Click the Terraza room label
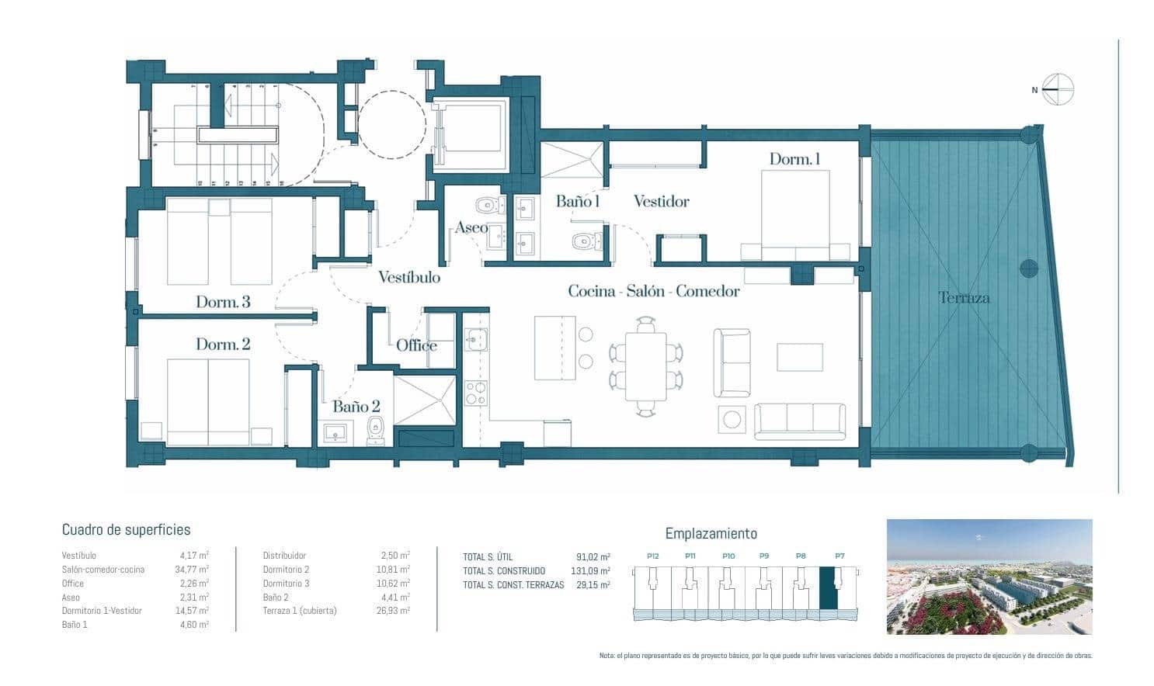(x=964, y=297)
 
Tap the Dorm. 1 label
(x=794, y=159)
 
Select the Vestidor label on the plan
(x=661, y=202)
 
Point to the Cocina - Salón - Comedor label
(x=653, y=291)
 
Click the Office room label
(x=416, y=345)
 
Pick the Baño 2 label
(x=356, y=406)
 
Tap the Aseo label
(x=471, y=227)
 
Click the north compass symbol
(x=1057, y=89)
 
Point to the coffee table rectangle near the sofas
(x=799, y=358)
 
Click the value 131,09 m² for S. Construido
(x=593, y=571)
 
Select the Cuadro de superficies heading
(x=126, y=530)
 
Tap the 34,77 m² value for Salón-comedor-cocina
(x=193, y=570)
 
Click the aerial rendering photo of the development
(x=989, y=577)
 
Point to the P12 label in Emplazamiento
(x=652, y=556)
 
